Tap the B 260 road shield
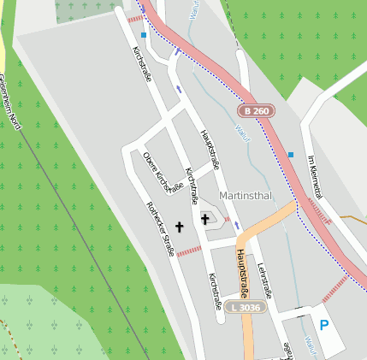tap(255, 111)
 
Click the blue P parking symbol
tap(323, 325)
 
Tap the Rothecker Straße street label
tap(161, 228)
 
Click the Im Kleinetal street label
tap(317, 180)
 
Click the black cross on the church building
tap(205, 220)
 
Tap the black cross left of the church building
tap(180, 227)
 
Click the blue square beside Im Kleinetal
tap(291, 155)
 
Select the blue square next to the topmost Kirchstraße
tap(144, 35)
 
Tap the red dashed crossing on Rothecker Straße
tap(188, 250)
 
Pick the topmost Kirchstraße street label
tap(140, 63)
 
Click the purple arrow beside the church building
tap(238, 226)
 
